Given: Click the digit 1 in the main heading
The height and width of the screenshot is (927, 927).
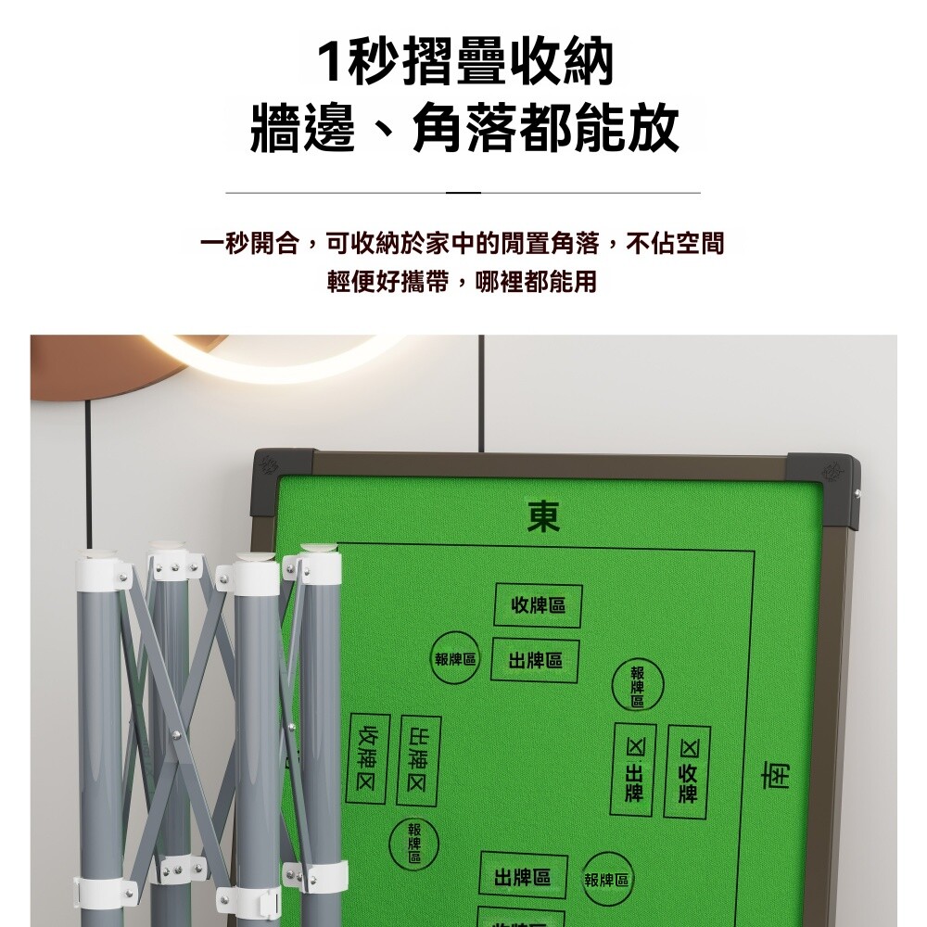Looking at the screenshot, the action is [330, 62].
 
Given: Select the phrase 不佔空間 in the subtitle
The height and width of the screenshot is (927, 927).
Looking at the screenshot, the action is [675, 243].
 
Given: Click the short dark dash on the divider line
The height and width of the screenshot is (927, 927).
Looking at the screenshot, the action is [463, 193].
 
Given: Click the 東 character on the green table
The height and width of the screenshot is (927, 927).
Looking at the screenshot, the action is [543, 516].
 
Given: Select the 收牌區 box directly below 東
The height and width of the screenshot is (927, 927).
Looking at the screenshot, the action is [538, 604].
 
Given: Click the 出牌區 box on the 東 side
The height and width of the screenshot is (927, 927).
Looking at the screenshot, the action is [535, 660].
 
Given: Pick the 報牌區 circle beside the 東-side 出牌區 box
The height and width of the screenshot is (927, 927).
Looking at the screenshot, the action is [454, 658].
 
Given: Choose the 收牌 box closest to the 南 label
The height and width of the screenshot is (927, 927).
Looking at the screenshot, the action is [687, 771].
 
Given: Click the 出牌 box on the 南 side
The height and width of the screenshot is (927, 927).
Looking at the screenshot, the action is [633, 769].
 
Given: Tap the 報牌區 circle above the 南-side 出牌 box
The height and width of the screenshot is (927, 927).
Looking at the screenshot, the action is [638, 685].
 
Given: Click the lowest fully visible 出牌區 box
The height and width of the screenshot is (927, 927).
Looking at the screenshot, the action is [523, 877].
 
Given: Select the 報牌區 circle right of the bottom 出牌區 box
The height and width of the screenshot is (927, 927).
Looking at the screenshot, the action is [606, 880].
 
